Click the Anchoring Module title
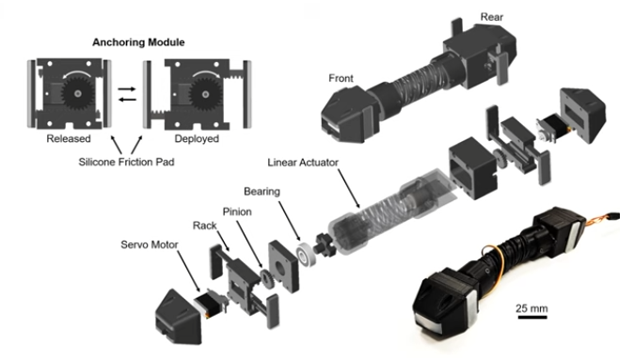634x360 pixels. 138,42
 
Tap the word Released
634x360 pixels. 69,138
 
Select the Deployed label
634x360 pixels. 197,138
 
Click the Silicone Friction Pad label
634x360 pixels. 126,162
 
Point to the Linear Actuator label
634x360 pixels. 303,163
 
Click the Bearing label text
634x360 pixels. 262,191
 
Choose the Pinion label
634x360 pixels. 237,211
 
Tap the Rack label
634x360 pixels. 205,226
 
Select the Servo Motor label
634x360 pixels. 150,244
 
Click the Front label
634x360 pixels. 341,78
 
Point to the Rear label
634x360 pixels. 492,17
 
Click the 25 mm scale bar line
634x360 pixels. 532,317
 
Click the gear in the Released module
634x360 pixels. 77,93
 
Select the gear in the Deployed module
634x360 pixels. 205,95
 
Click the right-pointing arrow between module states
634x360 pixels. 127,89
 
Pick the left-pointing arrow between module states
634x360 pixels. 127,100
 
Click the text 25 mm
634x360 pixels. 531,308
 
